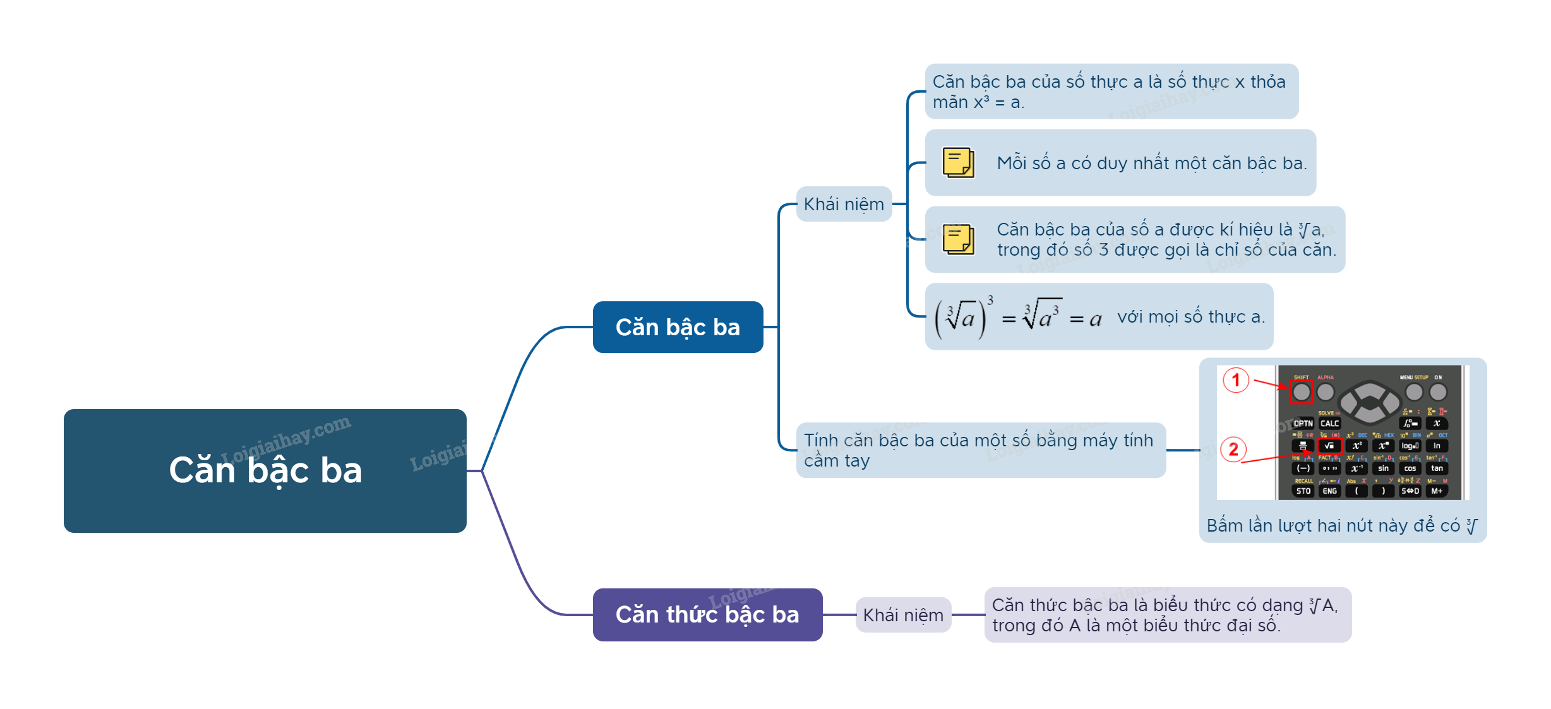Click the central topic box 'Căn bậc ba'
click(265, 470)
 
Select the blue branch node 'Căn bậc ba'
click(678, 327)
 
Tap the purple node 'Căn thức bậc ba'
click(707, 614)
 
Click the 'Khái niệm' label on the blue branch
click(844, 204)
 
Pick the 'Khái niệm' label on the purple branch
click(903, 615)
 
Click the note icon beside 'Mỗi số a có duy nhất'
click(958, 162)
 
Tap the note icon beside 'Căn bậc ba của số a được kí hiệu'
click(958, 239)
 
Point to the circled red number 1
click(1236, 380)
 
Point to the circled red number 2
click(1233, 450)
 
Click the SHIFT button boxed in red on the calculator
click(1301, 392)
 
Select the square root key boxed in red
click(1329, 446)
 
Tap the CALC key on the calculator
click(1329, 424)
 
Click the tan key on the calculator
click(1437, 468)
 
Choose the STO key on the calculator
click(1303, 491)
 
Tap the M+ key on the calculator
click(1437, 491)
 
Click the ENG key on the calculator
click(1329, 491)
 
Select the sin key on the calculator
click(1383, 468)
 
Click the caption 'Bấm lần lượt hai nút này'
click(1332, 525)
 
